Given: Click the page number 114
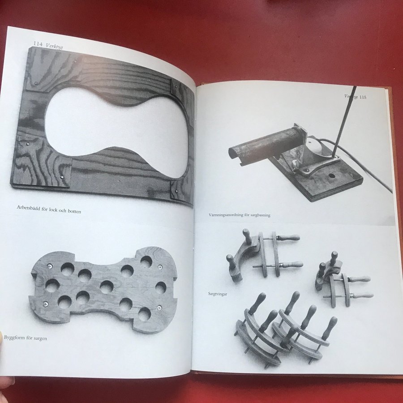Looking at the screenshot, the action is point(38,44).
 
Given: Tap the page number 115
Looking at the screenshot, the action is point(363,97).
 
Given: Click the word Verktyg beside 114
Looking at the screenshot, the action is point(54,46).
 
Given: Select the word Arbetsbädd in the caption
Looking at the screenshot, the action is point(29,208).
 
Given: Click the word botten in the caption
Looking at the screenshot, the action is point(74,211).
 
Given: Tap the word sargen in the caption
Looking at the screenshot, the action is point(41,339).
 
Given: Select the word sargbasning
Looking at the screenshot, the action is point(260,215).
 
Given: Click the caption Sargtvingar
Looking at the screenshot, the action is point(218,294).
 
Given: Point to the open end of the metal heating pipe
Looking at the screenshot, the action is point(235,155).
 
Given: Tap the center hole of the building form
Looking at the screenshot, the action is point(107,287).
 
